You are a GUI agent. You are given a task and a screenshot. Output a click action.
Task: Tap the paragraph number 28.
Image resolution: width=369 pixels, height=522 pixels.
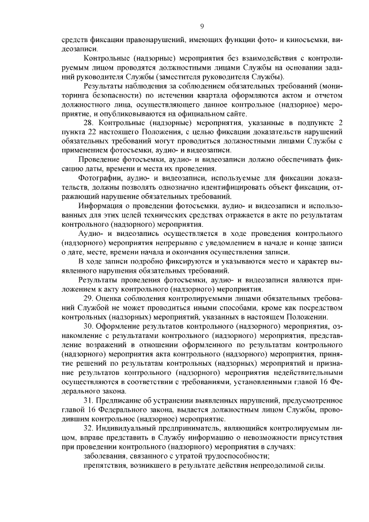[x=89, y=123]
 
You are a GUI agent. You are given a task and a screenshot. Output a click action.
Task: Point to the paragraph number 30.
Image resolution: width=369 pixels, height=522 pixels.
[x=89, y=326]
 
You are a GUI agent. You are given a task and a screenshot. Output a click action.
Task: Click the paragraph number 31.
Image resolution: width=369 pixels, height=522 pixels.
[x=89, y=400]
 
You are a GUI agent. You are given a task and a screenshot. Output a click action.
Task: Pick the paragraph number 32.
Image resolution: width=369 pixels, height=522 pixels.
[x=89, y=429]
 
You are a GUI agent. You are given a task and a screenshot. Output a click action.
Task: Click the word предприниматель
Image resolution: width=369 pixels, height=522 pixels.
[x=184, y=429]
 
